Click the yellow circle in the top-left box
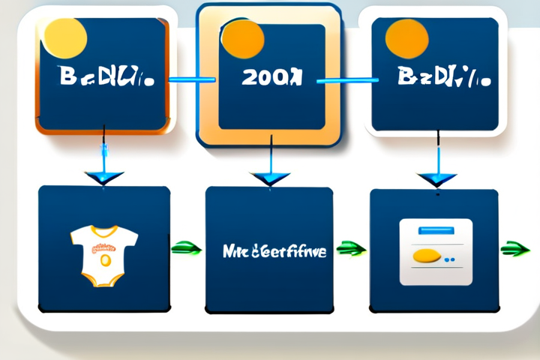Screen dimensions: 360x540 (65, 37)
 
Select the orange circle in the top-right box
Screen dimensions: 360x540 (406, 37)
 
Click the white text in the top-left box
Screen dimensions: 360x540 (104, 77)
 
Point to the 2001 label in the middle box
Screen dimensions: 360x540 (272, 78)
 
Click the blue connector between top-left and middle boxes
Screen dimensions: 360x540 (192, 79)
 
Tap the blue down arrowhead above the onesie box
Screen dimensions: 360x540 (104, 178)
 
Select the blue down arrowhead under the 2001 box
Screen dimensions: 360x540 (270, 178)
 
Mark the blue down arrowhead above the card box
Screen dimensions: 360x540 (436, 179)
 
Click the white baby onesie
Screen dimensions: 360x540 (104, 256)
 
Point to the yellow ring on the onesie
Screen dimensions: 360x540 (105, 259)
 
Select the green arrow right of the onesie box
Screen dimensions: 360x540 (187, 248)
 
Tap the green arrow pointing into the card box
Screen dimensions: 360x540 (351, 247)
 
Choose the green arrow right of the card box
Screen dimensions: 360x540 (515, 248)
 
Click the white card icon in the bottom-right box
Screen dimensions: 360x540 (435, 251)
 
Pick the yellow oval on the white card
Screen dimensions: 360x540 (426, 256)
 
